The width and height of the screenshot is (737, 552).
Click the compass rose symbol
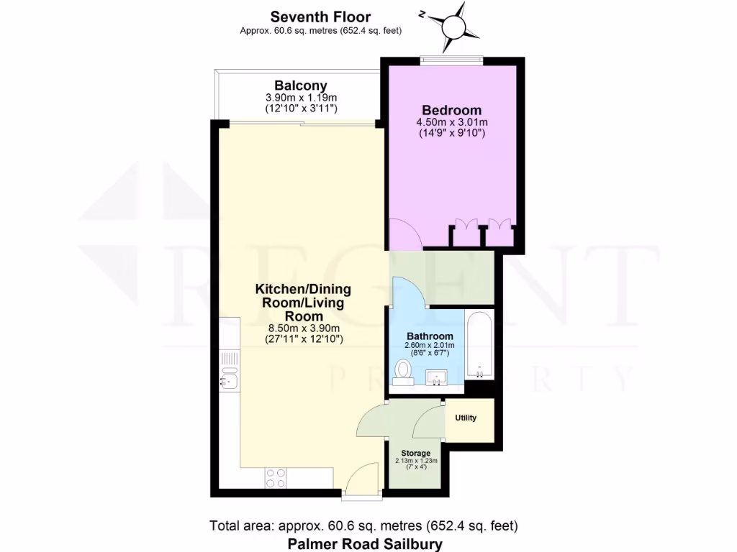pos(455,25)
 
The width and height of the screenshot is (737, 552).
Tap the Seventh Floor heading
pos(320,17)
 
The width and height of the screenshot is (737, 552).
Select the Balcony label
pos(300,86)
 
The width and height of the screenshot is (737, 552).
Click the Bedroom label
pos(451,110)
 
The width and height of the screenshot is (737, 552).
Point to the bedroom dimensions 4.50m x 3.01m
pos(451,122)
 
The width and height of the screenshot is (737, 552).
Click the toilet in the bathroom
pos(403,372)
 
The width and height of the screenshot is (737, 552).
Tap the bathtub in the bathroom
pos(478,345)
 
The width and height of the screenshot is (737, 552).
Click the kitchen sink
pos(230,377)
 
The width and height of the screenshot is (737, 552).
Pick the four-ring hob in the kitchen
pos(276,478)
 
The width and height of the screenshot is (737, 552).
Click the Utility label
pos(466,418)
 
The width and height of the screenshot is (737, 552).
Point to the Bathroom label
pos(430,336)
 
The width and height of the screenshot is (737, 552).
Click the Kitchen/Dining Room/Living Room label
pos(303,303)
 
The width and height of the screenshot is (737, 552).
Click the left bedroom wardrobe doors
pos(466,225)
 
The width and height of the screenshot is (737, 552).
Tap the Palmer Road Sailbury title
pos(365,544)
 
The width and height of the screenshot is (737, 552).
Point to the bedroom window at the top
pos(451,61)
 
